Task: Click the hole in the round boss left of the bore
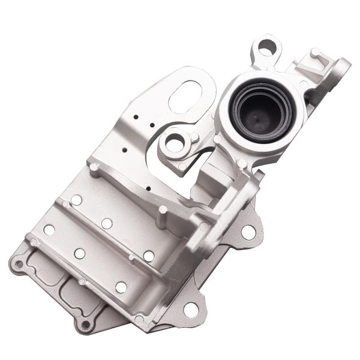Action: click(174, 143)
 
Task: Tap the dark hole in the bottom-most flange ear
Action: click(85, 325)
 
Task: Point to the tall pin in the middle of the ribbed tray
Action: click(161, 211)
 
